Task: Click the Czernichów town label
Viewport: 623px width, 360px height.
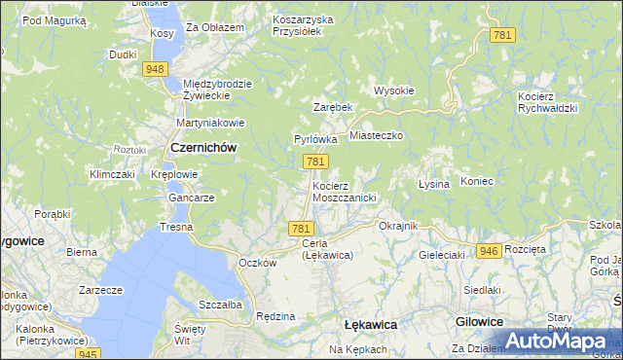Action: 203,147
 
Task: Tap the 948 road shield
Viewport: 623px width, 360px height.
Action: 154,69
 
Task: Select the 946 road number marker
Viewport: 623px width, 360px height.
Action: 490,251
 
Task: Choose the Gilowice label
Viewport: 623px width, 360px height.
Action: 479,321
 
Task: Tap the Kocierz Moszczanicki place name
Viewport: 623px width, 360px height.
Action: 344,191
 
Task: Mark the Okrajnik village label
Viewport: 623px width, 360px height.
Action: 398,225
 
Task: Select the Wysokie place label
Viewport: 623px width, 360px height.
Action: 394,90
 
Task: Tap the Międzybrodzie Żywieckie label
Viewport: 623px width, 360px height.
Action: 217,90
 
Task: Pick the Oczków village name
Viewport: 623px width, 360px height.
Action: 258,263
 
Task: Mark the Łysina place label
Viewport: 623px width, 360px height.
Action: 433,184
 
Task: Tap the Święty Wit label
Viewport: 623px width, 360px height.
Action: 191,336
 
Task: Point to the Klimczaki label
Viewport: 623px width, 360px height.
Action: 111,174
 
